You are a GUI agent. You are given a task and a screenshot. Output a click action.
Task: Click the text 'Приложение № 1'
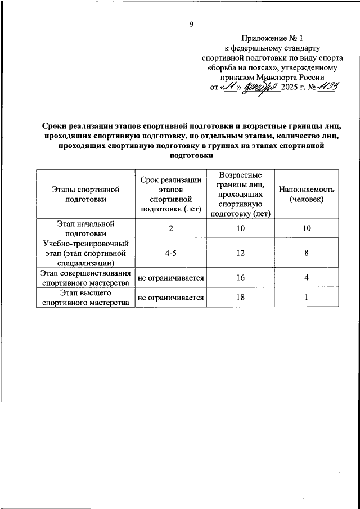point(272,39)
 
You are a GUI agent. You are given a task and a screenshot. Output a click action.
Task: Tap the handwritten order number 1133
point(328,87)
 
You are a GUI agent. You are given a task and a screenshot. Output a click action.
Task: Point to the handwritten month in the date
point(259,88)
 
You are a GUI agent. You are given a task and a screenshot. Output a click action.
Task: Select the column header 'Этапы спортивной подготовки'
point(85,194)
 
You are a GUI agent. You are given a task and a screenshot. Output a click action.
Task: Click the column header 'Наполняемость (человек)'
point(307,194)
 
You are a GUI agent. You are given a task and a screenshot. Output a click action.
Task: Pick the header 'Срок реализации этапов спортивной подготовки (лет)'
point(171,194)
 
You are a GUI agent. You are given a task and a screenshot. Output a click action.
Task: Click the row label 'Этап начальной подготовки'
point(85,228)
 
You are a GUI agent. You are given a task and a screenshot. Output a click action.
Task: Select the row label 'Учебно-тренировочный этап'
point(85,253)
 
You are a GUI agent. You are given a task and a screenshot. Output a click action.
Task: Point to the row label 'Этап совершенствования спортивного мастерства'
point(85,278)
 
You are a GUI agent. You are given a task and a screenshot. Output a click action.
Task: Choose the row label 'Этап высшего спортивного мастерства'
point(85,298)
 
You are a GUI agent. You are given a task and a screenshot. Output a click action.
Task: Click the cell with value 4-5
point(171,253)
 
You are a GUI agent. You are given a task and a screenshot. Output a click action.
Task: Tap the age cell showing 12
point(241,253)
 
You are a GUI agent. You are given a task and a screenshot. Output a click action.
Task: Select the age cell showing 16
point(241,278)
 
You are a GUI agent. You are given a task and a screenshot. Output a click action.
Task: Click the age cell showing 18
point(241,298)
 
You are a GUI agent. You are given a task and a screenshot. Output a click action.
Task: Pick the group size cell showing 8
point(307,253)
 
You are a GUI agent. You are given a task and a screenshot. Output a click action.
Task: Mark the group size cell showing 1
point(307,298)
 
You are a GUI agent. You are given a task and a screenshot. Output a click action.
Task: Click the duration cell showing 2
point(171,228)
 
